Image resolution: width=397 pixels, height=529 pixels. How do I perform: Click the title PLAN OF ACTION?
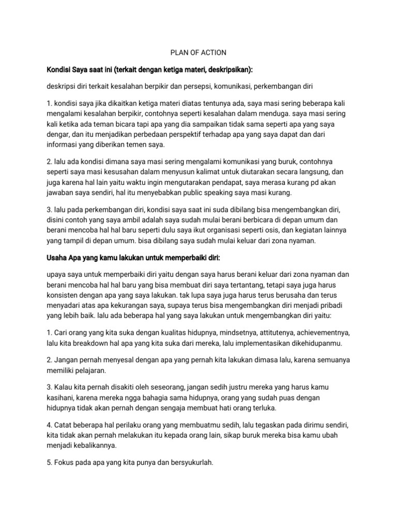[x=198, y=53]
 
